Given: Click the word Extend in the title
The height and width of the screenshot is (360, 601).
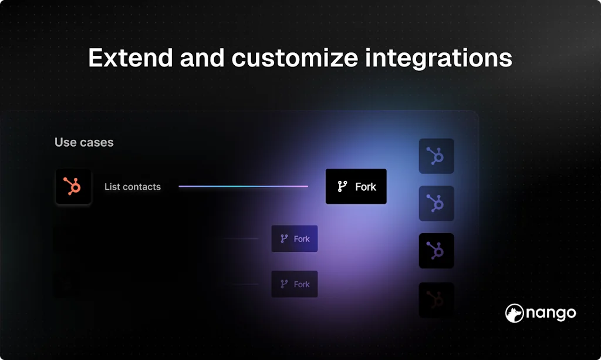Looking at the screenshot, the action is (x=130, y=58).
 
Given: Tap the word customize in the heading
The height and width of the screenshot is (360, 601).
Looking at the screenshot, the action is (x=295, y=58).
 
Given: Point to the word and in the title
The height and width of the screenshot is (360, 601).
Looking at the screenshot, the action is (x=202, y=58).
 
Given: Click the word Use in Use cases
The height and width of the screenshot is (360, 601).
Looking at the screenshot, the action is (x=66, y=142).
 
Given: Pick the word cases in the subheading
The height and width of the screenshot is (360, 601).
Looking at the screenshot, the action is (x=97, y=143).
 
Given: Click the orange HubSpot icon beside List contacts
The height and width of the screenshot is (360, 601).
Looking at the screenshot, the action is (x=73, y=187).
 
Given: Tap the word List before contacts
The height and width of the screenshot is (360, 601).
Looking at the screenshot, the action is (x=112, y=187).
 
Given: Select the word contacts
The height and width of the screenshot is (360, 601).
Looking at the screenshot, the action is (x=141, y=187).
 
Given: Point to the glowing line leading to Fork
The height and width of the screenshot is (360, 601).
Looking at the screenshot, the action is (x=244, y=187).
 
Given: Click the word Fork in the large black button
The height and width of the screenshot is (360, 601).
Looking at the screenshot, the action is (x=366, y=187).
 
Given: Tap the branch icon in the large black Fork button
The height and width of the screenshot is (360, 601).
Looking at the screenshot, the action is (x=342, y=187).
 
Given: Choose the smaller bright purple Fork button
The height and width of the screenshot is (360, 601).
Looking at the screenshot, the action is (x=295, y=239).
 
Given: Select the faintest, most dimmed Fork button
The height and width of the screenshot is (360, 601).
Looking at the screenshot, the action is (x=295, y=284).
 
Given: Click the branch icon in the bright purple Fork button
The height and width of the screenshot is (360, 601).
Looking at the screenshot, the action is (x=284, y=239).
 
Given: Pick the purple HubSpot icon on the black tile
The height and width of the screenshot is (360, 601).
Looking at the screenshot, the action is (x=436, y=251).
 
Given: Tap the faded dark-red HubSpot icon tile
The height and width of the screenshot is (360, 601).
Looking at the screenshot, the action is (x=436, y=300).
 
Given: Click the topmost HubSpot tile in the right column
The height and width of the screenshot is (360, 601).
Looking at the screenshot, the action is (x=436, y=156).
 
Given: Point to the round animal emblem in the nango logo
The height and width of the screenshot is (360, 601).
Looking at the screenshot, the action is (x=514, y=313).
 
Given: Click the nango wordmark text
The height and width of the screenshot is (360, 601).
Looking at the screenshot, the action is (x=551, y=314).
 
